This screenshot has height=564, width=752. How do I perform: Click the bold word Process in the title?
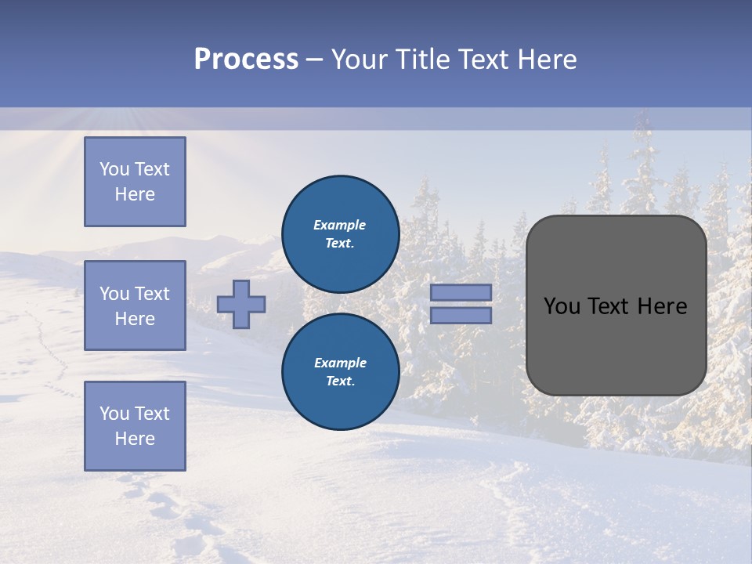(x=246, y=60)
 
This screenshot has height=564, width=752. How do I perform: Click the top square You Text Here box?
(x=135, y=182)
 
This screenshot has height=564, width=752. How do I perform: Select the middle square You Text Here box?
(x=135, y=305)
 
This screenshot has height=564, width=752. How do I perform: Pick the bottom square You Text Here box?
(x=135, y=426)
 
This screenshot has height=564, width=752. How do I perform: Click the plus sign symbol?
(x=241, y=304)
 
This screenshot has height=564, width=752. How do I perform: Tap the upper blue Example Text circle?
(x=340, y=234)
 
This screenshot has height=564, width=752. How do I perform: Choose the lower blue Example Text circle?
(x=340, y=372)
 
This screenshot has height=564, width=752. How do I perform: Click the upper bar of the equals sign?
(x=461, y=292)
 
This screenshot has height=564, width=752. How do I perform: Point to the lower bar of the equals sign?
(x=461, y=316)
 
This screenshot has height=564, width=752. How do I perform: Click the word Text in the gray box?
(x=609, y=306)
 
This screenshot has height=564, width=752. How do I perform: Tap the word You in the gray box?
(x=562, y=306)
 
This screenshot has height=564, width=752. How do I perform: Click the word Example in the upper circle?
(x=340, y=225)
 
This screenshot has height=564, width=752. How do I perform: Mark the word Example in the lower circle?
(x=340, y=363)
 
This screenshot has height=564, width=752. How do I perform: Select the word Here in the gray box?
(x=662, y=306)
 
